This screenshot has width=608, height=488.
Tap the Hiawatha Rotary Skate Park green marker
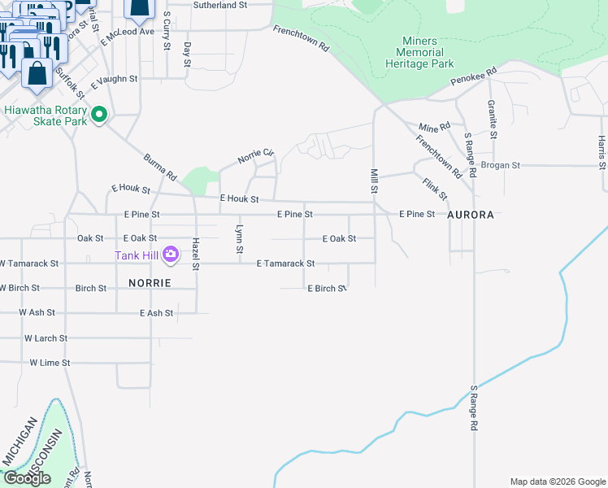99,115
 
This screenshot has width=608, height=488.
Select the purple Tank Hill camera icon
170,255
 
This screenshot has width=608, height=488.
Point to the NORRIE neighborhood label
150,283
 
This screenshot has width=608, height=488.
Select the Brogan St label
500,165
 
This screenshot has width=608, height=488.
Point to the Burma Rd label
160,166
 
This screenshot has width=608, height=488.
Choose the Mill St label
375,181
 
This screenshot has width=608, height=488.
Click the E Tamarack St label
285,264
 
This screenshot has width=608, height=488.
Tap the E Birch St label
327,289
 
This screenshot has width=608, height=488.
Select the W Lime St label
50,363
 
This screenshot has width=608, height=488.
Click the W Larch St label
46,338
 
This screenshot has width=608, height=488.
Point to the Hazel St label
196,253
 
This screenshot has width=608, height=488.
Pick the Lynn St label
239,238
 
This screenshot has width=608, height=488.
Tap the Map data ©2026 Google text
558,481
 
